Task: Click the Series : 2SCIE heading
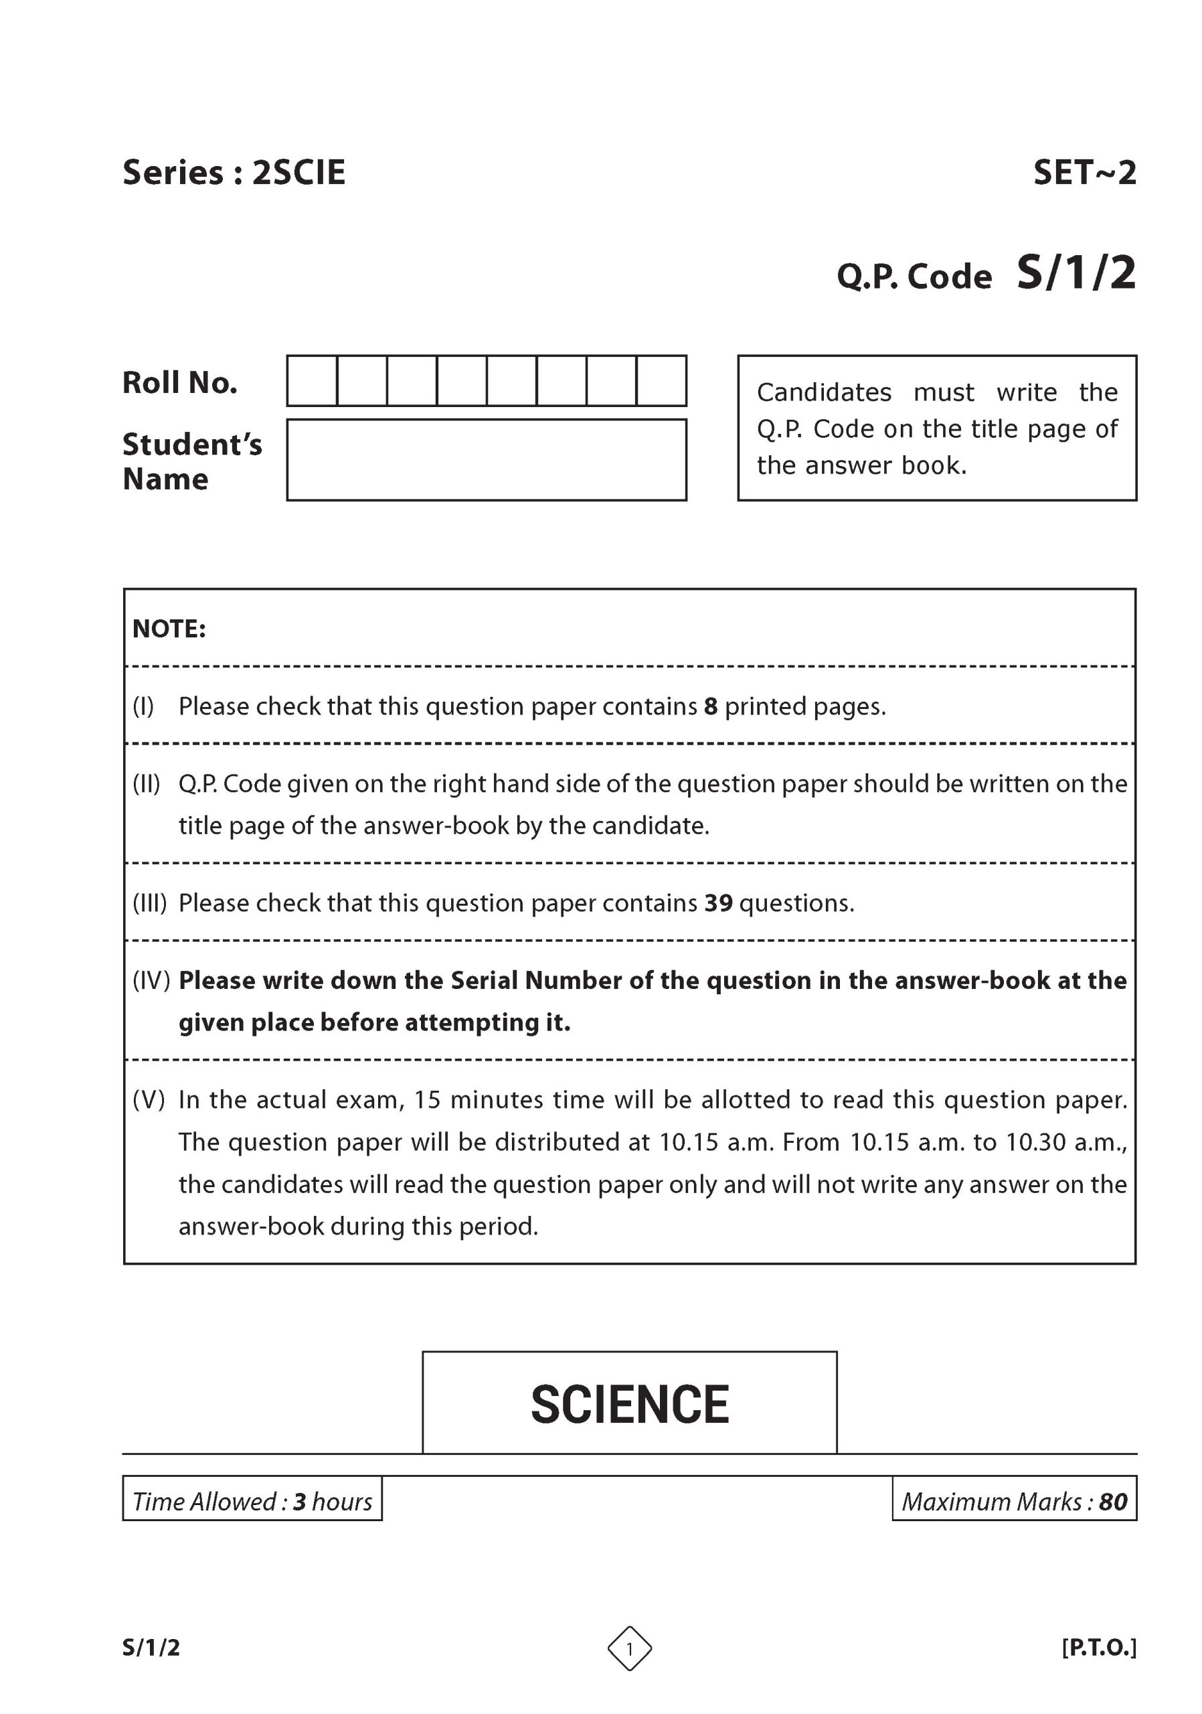pyautogui.click(x=234, y=173)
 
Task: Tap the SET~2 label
pyautogui.click(x=1084, y=173)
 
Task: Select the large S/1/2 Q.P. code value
pyautogui.click(x=1076, y=273)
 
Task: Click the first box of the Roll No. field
pyautogui.click(x=312, y=381)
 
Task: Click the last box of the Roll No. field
pyautogui.click(x=661, y=381)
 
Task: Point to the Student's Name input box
pyautogui.click(x=487, y=460)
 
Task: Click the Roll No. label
pyautogui.click(x=180, y=383)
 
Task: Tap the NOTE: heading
pyautogui.click(x=169, y=629)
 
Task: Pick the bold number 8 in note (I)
pyautogui.click(x=710, y=706)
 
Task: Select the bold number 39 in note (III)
pyautogui.click(x=719, y=903)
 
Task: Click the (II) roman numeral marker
pyautogui.click(x=147, y=784)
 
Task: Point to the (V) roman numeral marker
pyautogui.click(x=149, y=1099)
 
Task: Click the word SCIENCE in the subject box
pyautogui.click(x=630, y=1404)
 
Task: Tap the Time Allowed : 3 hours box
pyautogui.click(x=252, y=1501)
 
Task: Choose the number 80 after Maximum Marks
pyautogui.click(x=1113, y=1501)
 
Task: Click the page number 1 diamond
pyautogui.click(x=630, y=1648)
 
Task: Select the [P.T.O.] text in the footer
pyautogui.click(x=1098, y=1648)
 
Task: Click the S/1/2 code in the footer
pyautogui.click(x=151, y=1648)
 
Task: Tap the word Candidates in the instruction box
pyautogui.click(x=824, y=392)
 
